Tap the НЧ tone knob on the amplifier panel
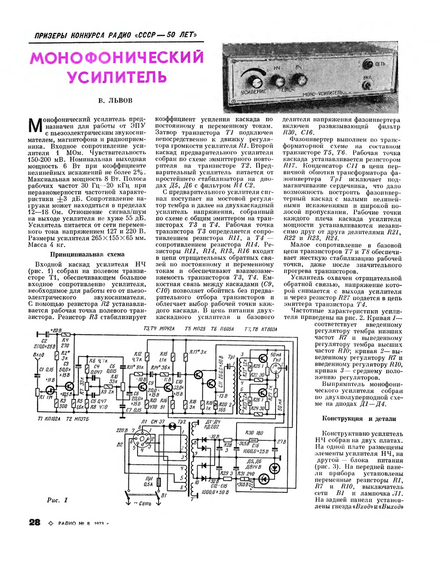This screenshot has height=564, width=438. coord(277,81)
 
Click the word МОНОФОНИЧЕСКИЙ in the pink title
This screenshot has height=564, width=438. coord(117,58)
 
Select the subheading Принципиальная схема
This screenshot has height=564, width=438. coord(87,254)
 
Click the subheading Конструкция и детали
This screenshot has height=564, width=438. coord(359,418)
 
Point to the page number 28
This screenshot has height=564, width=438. coord(35,522)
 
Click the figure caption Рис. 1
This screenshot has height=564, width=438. coord(57,500)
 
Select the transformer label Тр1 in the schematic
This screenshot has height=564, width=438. coord(231,357)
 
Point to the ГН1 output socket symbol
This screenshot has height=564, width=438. coord(276,369)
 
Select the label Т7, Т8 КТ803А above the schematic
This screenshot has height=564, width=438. coord(261,329)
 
